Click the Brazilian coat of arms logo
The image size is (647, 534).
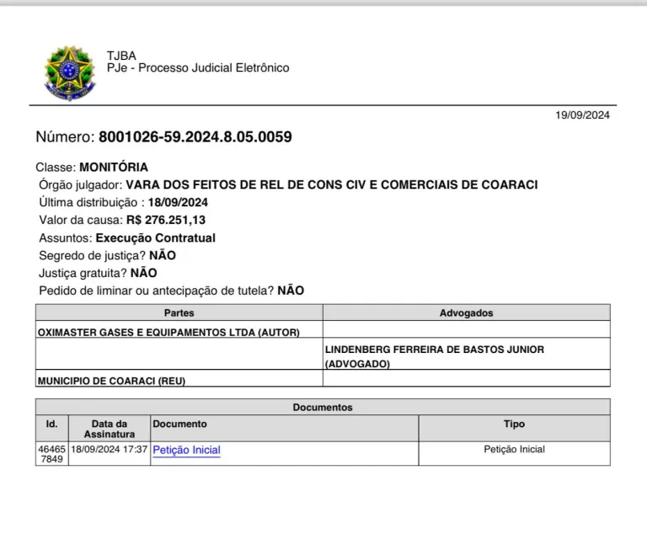[x=69, y=73]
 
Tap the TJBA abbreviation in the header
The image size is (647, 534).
[x=121, y=56]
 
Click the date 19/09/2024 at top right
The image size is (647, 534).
[x=582, y=115]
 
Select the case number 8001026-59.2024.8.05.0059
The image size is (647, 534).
[x=195, y=137]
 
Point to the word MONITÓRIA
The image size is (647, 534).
[x=114, y=167]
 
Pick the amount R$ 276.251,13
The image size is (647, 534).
[x=166, y=220]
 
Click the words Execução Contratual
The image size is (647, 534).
[x=156, y=238]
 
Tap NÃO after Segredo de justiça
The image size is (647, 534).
[x=163, y=255]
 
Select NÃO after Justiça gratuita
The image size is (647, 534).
[x=143, y=273]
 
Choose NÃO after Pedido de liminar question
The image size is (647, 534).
[x=291, y=291]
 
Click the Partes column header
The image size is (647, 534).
[x=179, y=312]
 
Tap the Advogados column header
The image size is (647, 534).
[x=466, y=312]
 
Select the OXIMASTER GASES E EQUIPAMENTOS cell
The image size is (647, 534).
[x=168, y=332]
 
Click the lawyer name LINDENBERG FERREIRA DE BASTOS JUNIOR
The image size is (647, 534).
[x=434, y=349]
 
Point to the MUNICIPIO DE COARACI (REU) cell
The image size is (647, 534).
[x=111, y=381]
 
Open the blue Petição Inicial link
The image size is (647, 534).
[x=186, y=451]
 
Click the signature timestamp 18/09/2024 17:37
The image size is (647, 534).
[x=110, y=450]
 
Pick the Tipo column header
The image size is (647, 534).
[x=514, y=425]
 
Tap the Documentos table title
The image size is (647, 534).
[x=323, y=408]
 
